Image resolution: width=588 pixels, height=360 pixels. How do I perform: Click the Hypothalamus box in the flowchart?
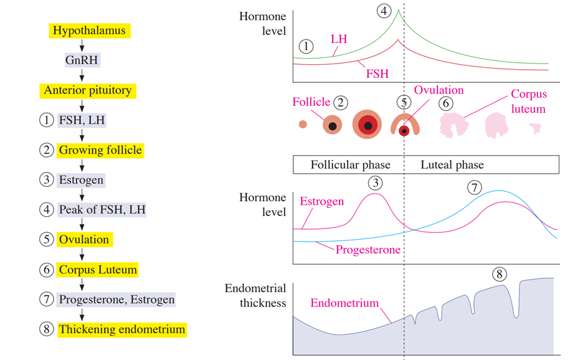90,31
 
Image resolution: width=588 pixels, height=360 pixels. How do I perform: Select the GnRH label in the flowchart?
82,60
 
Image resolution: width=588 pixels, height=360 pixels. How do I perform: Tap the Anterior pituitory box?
88,91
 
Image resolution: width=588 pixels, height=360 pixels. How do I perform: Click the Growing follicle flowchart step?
100,150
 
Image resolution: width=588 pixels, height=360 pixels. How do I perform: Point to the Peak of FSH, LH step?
102,210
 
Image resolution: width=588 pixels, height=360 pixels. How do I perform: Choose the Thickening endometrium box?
122,329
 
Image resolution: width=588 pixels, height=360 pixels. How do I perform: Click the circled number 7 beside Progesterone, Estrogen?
47,299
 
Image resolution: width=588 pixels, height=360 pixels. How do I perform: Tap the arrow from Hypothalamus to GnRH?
82,45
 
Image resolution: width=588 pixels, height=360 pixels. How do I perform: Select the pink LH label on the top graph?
339,39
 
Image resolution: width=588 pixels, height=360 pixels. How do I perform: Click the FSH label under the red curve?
377,73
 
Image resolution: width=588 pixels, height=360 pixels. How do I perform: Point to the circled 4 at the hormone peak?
384,11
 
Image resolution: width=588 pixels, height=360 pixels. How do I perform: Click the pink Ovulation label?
439,90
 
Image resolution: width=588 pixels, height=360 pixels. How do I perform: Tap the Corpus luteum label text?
529,102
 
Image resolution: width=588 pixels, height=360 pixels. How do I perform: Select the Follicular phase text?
350,165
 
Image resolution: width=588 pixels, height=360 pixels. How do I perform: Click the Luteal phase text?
452,165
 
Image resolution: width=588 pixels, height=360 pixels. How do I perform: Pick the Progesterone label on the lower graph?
368,250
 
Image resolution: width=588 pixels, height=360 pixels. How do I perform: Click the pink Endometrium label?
344,303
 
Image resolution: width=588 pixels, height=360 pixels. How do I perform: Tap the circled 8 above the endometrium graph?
500,274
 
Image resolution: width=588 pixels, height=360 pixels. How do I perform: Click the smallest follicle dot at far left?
303,125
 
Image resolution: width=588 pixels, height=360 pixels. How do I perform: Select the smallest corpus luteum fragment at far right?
536,129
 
